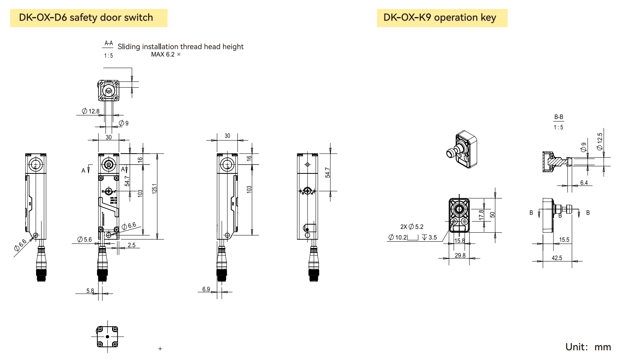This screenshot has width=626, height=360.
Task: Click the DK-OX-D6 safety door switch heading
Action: [x=86, y=18]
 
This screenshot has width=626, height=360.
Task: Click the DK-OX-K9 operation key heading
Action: [x=440, y=18]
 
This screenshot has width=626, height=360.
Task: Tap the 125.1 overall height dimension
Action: [x=154, y=189]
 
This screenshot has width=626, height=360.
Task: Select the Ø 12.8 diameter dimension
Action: [x=91, y=111]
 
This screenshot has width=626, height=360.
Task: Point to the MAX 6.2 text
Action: [x=163, y=55]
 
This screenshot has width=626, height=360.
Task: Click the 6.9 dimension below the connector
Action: [x=206, y=289]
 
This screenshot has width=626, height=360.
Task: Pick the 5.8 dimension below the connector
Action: [x=90, y=291]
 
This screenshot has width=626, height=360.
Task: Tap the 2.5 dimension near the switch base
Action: [x=131, y=245]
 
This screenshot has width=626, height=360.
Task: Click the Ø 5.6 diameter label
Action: [x=85, y=240]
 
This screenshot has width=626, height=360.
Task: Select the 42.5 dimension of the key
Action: [x=557, y=258]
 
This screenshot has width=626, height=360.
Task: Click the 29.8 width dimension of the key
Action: [x=460, y=255]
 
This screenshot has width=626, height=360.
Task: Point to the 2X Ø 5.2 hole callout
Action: [x=412, y=227]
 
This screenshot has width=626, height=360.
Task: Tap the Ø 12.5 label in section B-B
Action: [x=600, y=142]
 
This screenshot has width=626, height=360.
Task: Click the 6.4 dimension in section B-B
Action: [x=584, y=183]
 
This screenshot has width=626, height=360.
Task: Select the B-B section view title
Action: [x=559, y=117]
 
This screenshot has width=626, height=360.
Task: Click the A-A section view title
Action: [x=109, y=43]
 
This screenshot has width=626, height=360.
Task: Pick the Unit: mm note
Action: [x=588, y=347]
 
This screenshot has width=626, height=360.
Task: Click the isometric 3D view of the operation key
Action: [x=463, y=150]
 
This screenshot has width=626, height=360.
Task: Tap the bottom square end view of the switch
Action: [x=107, y=336]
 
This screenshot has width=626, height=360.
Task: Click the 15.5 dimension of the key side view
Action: [x=564, y=240]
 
